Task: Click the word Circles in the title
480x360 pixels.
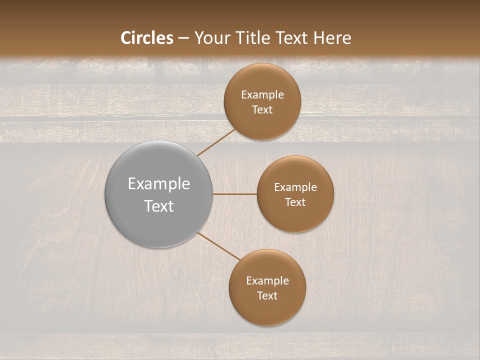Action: (x=147, y=38)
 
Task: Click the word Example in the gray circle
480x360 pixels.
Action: (x=159, y=184)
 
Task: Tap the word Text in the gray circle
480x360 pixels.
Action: (x=159, y=206)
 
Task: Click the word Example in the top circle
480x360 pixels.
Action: (x=262, y=95)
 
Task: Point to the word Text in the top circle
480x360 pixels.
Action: (x=262, y=109)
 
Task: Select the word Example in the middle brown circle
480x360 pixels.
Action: (x=295, y=187)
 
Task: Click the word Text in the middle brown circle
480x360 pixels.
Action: (x=295, y=202)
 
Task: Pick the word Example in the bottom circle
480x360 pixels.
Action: (x=267, y=281)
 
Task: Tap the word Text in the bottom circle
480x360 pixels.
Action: (x=267, y=295)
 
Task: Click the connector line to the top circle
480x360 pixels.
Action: (x=216, y=142)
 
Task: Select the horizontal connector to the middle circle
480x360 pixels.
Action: (x=234, y=194)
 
